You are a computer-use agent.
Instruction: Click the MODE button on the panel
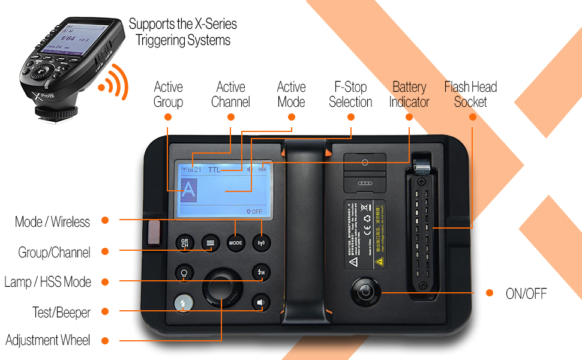tap(235, 243)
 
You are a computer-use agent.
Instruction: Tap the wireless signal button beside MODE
tap(261, 243)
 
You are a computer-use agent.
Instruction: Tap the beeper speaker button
tap(260, 303)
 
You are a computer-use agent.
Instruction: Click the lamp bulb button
tap(184, 273)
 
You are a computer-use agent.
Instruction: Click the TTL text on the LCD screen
tap(214, 170)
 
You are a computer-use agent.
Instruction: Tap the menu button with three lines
tap(209, 243)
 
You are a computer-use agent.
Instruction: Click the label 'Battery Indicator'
tap(409, 94)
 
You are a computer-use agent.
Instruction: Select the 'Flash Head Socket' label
tap(470, 94)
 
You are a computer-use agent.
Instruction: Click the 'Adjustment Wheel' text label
tap(48, 341)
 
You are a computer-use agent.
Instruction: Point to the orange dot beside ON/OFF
tap(490, 293)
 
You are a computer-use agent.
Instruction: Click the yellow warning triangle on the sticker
tap(379, 262)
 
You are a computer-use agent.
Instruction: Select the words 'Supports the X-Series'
tap(182, 25)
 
